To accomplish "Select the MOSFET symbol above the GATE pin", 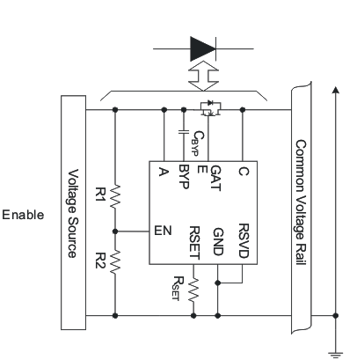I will click(209, 110).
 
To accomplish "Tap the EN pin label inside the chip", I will click(162, 232).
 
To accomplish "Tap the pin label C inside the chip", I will click(242, 173).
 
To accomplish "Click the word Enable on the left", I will click(22, 214).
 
